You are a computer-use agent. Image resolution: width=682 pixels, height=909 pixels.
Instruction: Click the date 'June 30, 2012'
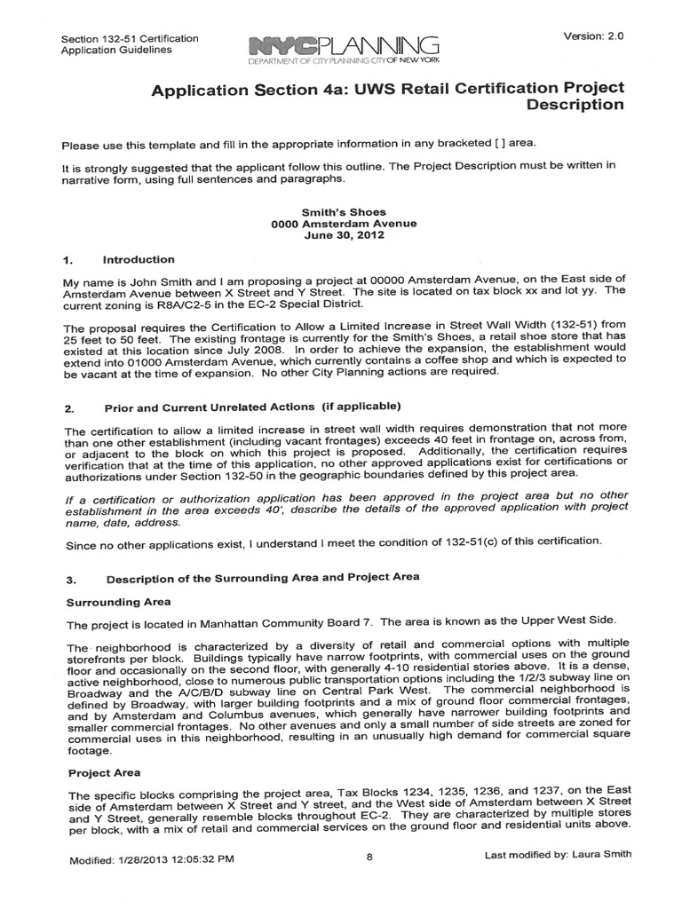pyautogui.click(x=344, y=236)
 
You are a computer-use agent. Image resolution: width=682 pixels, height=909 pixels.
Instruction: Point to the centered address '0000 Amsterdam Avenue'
pyautogui.click(x=344, y=225)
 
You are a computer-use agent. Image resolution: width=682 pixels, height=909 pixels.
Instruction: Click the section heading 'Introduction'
pyautogui.click(x=139, y=260)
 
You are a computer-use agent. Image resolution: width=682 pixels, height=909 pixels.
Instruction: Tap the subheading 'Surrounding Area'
pyautogui.click(x=113, y=602)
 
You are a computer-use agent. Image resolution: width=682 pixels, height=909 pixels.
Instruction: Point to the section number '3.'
pyautogui.click(x=70, y=579)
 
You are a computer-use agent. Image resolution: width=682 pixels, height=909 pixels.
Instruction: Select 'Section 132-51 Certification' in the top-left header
pyautogui.click(x=129, y=40)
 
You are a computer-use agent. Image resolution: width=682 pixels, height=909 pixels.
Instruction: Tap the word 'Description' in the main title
pyautogui.click(x=575, y=106)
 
